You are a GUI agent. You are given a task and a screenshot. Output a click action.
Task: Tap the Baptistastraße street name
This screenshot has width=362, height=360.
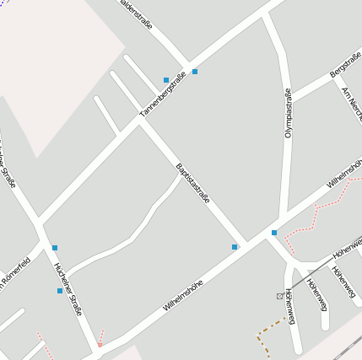click(192, 182)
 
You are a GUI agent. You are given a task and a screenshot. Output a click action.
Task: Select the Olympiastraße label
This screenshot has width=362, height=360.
click(288, 113)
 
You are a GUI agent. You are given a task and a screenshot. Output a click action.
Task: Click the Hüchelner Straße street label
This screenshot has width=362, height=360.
click(68, 289)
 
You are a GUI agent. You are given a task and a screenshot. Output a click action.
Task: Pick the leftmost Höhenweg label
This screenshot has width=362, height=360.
click(289, 305)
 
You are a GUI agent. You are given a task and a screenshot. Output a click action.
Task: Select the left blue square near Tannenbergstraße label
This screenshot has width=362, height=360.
click(166, 80)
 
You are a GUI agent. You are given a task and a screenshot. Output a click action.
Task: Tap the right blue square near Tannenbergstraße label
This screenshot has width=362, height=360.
click(195, 72)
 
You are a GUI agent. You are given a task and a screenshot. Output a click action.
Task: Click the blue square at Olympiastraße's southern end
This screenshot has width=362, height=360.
click(274, 233)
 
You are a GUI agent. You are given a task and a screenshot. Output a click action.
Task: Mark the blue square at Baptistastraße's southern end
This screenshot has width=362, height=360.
click(235, 247)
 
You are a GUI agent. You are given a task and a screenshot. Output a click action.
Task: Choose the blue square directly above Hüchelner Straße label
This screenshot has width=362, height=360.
click(55, 248)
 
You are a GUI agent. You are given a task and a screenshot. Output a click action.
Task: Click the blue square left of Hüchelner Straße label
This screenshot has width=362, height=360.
click(59, 291)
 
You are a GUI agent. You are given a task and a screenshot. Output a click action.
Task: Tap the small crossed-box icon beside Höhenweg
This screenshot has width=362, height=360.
click(279, 296)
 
